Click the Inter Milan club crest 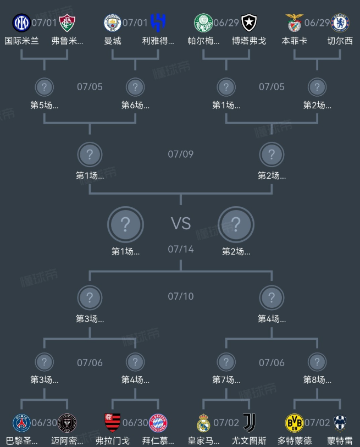point(21,23)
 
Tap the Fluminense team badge point(67,23)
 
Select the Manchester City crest point(112,23)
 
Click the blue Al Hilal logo point(158,23)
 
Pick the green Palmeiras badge point(203,23)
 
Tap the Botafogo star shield point(249,23)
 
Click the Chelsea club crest point(340,23)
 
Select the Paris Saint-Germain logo point(21,423)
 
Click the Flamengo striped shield point(112,423)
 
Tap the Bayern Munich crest point(158,423)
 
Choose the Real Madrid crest point(203,423)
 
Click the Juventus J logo point(249,423)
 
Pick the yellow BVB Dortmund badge point(295,423)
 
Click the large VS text point(181,223)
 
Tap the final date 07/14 point(181,249)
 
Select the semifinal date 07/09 point(181,154)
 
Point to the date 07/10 point(181,296)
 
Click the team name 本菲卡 point(295,41)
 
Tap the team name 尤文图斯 point(249,441)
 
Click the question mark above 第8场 point(317,362)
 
